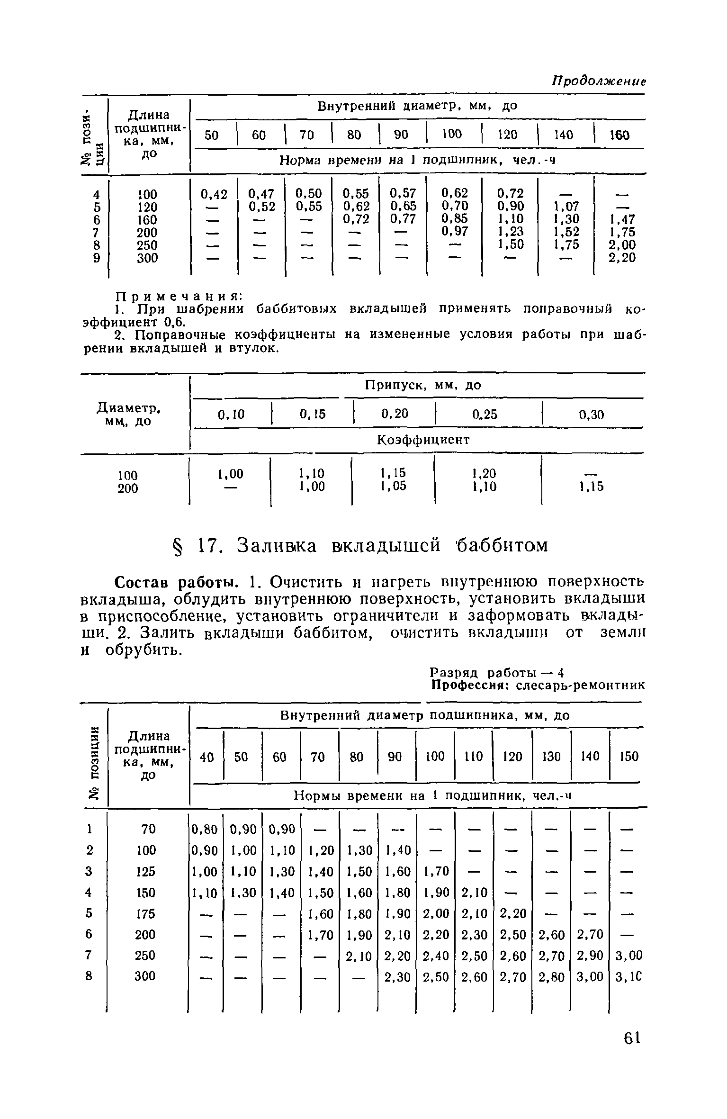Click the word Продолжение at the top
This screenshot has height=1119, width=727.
tap(599, 81)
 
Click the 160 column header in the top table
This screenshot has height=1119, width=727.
tap(619, 135)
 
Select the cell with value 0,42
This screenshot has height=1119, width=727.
tap(214, 194)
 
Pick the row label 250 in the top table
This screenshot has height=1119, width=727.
tap(147, 245)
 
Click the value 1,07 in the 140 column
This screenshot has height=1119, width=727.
tap(566, 207)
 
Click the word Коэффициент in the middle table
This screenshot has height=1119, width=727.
tap(423, 440)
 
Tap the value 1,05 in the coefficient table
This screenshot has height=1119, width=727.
tap(393, 487)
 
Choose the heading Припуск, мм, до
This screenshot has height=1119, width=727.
tap(423, 386)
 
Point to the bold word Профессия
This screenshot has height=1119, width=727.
tap(467, 686)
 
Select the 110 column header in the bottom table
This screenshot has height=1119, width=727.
tap(473, 757)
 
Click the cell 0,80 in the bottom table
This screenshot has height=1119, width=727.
tap(205, 829)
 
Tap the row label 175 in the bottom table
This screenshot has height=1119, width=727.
tap(146, 914)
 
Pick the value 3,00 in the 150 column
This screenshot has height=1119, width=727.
tap(629, 956)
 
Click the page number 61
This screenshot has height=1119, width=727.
tap(632, 1038)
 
